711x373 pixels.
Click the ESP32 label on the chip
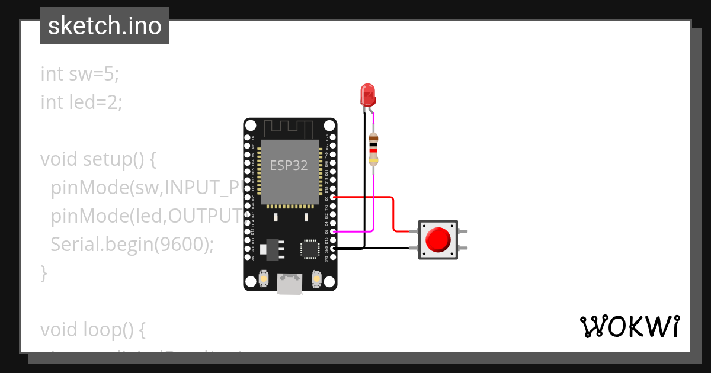click(289, 165)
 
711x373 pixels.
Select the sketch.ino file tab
click(105, 26)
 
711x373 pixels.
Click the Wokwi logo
click(629, 326)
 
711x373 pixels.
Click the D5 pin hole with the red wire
click(334, 197)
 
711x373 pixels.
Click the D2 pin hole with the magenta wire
click(334, 232)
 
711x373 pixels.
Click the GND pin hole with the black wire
click(334, 249)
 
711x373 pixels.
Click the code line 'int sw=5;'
click(80, 74)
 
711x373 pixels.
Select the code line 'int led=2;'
click(82, 102)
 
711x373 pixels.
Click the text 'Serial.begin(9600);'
click(132, 245)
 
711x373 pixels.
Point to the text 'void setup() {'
click(98, 159)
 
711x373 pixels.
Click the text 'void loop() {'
click(92, 329)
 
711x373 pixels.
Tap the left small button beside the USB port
click(264, 278)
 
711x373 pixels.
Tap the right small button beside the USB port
click(316, 278)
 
